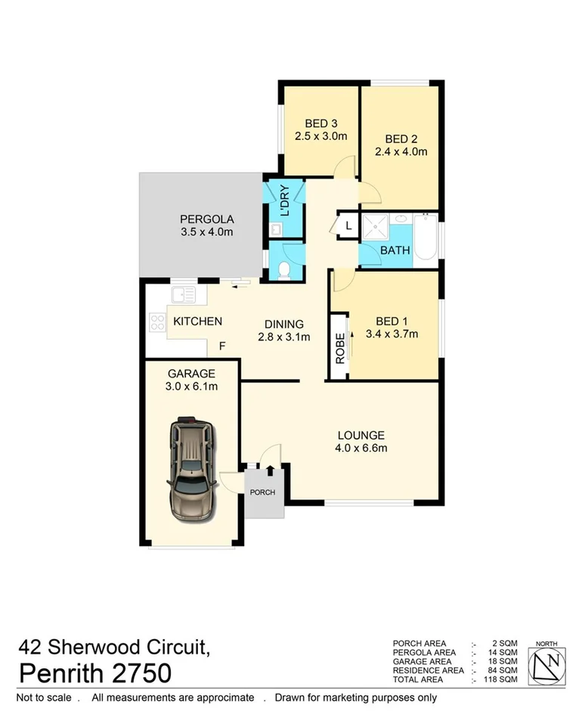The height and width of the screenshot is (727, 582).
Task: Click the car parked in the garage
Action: pos(192,468)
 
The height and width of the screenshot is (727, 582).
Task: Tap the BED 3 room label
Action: pos(320,124)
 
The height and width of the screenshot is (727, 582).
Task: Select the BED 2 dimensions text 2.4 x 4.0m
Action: pos(401,151)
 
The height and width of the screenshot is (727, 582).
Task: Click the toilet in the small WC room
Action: pos(283,270)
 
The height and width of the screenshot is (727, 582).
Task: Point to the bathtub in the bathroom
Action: pos(426,238)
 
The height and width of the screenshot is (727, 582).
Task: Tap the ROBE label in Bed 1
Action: pos(340,349)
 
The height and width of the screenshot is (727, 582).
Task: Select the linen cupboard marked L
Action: pos(348,225)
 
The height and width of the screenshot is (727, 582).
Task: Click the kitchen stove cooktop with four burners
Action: pos(158,322)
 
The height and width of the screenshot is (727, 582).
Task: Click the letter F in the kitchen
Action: pos(222,346)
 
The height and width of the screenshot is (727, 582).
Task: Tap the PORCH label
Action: pos(263,492)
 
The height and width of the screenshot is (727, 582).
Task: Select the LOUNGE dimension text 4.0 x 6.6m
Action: pos(361,448)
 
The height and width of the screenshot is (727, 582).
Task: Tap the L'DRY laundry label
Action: pos(285,201)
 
